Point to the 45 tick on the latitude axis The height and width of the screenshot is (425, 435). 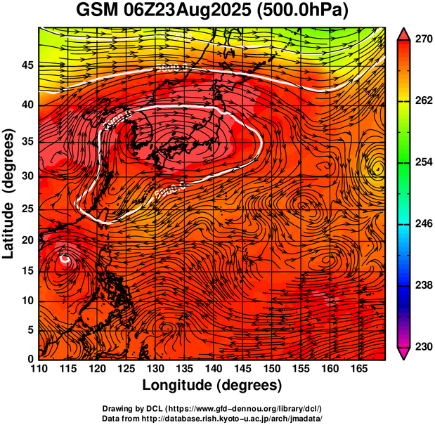27,65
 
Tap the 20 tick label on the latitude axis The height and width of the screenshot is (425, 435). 27,240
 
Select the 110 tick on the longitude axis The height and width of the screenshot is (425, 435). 39,368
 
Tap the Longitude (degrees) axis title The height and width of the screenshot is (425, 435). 212,385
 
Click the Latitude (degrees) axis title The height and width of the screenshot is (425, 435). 10,193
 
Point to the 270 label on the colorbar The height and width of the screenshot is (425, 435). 420,40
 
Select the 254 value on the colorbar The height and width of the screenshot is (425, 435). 420,162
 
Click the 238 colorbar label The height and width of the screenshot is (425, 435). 420,285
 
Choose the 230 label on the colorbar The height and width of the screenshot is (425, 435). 420,346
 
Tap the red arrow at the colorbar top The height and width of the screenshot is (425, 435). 403,33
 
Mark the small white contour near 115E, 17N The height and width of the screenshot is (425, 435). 65,259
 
